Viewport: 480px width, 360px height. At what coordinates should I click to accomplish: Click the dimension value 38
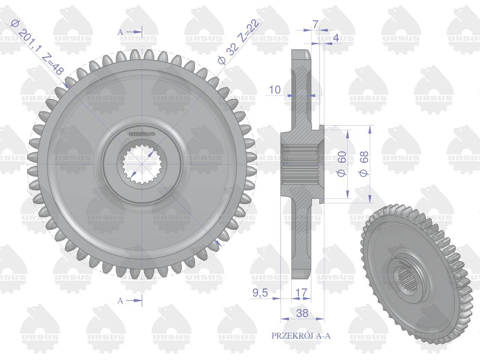tap(302, 313)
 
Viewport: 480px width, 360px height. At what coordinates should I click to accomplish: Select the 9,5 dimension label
tap(260, 292)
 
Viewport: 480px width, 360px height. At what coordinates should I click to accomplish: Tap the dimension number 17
tap(301, 292)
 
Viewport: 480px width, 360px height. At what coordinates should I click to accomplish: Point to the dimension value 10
tap(274, 90)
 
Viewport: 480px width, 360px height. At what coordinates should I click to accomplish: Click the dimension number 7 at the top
tap(315, 24)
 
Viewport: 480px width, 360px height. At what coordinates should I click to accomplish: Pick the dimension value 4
tap(336, 37)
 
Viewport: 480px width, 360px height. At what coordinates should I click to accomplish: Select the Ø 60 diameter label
tap(341, 164)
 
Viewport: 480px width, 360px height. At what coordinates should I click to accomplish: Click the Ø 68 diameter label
tap(363, 164)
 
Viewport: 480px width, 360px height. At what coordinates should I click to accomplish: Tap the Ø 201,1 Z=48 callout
tap(37, 46)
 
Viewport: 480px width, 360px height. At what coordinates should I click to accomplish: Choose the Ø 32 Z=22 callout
tap(239, 42)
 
